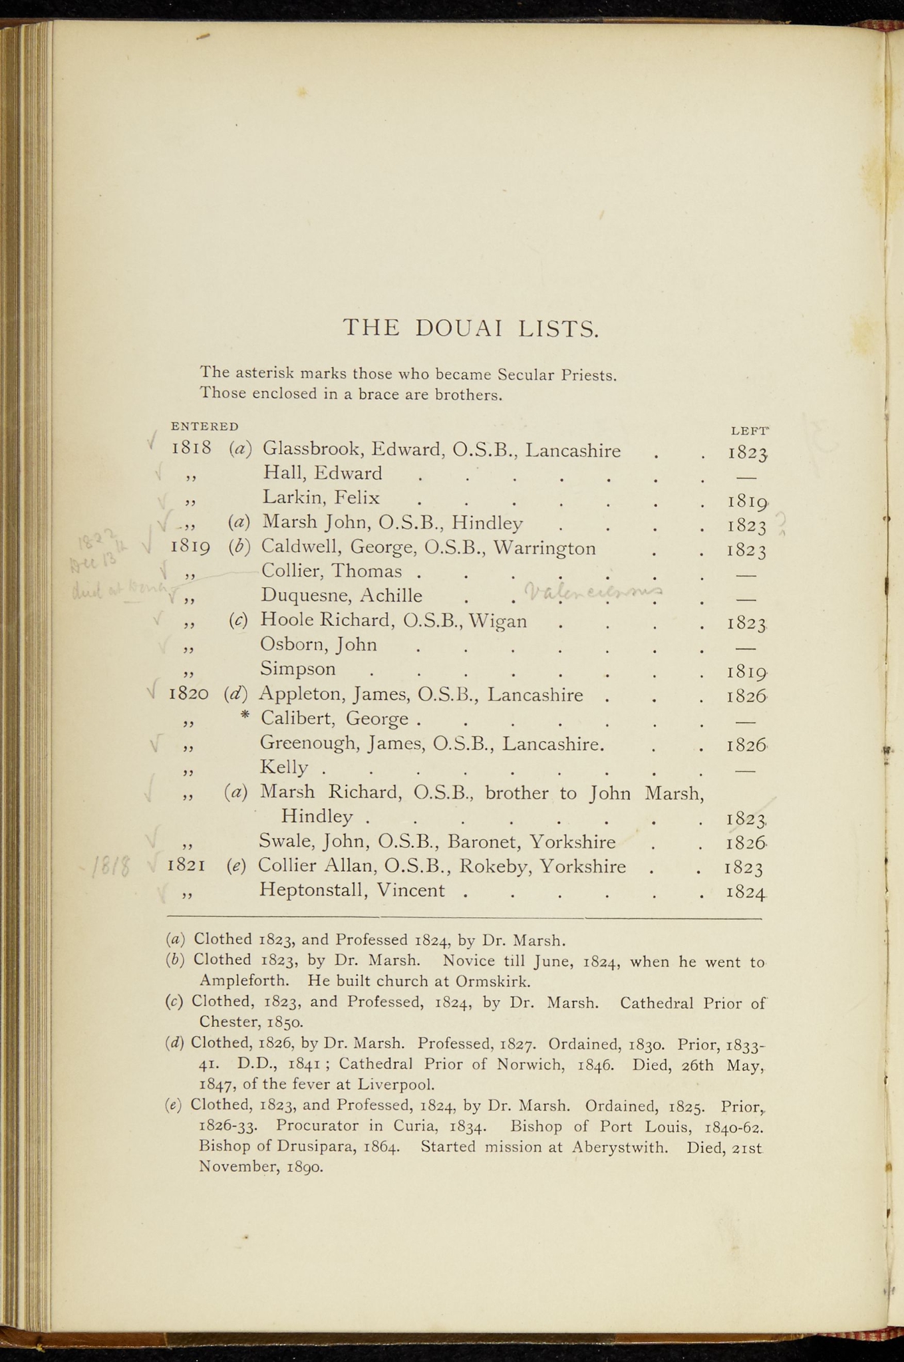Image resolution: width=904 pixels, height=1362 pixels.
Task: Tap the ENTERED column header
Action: [204, 426]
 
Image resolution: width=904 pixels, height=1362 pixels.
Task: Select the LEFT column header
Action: [750, 431]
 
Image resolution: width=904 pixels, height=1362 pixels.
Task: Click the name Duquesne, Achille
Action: [341, 595]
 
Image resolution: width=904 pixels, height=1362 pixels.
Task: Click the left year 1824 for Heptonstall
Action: [747, 892]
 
